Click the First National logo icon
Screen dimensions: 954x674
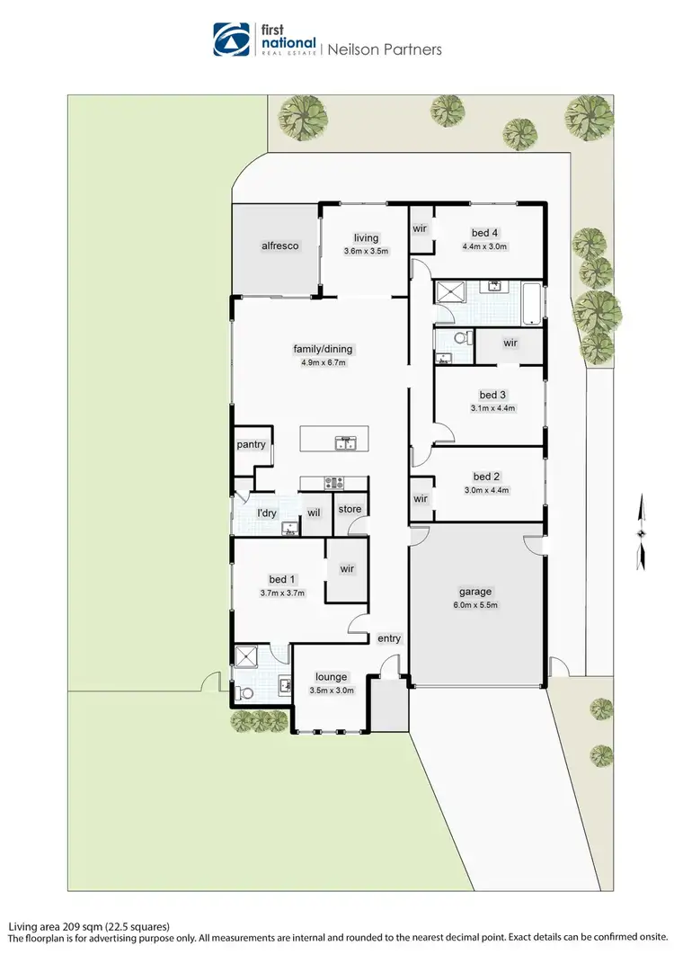click(231, 40)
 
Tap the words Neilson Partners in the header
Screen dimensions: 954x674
click(385, 49)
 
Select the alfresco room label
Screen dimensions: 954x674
click(279, 245)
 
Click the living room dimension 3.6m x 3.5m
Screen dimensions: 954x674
click(366, 252)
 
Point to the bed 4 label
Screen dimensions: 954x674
click(485, 234)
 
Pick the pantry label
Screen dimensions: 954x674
click(251, 444)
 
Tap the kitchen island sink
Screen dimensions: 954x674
click(346, 442)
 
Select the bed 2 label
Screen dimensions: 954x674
click(485, 477)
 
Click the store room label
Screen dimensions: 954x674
click(350, 509)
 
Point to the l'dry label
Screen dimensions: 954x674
click(266, 513)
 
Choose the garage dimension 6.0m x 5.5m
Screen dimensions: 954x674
click(475, 604)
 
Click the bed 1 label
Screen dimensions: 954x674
click(282, 579)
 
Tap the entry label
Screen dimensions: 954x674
click(389, 638)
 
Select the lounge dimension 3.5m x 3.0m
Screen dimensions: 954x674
click(331, 691)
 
